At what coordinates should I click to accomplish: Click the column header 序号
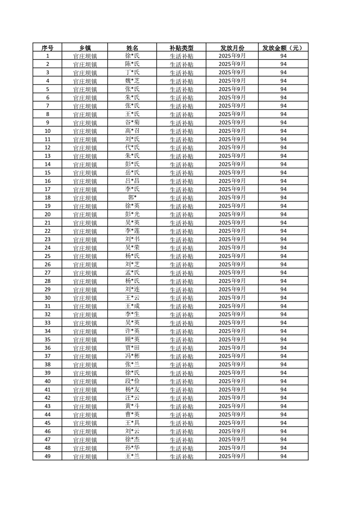pyautogui.click(x=47, y=48)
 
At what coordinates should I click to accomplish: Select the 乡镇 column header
pyautogui.click(x=85, y=48)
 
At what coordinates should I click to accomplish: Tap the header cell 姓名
pyautogui.click(x=132, y=48)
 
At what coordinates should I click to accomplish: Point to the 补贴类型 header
pyautogui.click(x=181, y=48)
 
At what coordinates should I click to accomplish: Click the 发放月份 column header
pyautogui.click(x=232, y=48)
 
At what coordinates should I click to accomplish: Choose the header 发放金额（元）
pyautogui.click(x=283, y=48)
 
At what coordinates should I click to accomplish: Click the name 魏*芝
pyautogui.click(x=132, y=81)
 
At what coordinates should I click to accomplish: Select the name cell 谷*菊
pyautogui.click(x=132, y=122)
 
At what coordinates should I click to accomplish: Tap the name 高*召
pyautogui.click(x=132, y=131)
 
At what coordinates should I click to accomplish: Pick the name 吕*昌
pyautogui.click(x=132, y=181)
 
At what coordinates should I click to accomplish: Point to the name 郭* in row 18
pyautogui.click(x=132, y=197)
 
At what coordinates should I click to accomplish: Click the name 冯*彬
pyautogui.click(x=132, y=356)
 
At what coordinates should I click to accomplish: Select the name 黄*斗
pyautogui.click(x=132, y=406)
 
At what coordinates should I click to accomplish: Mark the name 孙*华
pyautogui.click(x=132, y=447)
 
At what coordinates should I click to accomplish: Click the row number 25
pyautogui.click(x=47, y=256)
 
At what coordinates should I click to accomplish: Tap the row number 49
pyautogui.click(x=47, y=456)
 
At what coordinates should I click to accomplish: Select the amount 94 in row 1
pyautogui.click(x=283, y=56)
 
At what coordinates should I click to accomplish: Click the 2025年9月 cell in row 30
pyautogui.click(x=232, y=298)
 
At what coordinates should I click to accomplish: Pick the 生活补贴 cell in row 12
pyautogui.click(x=181, y=147)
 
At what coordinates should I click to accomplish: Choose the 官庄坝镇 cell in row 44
pyautogui.click(x=85, y=414)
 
